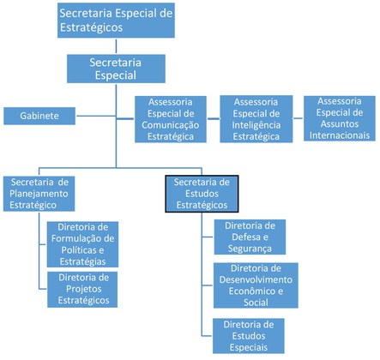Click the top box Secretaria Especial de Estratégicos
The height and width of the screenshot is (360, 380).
116,18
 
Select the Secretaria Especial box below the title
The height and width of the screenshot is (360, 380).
116,69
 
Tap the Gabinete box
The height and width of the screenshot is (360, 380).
40,116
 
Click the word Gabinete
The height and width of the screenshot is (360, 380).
40,116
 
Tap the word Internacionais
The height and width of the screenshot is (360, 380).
340,135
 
